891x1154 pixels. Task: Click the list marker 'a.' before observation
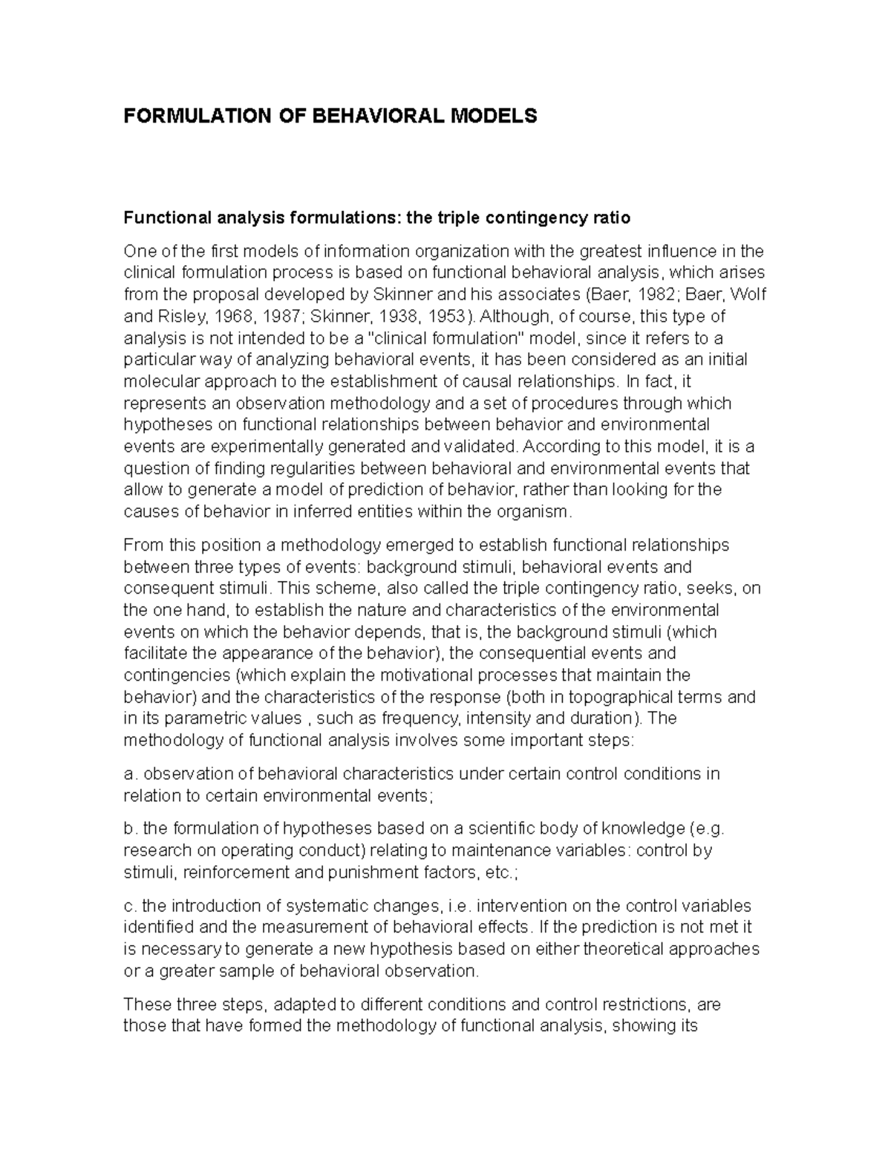(x=130, y=774)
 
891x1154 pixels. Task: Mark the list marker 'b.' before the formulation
(x=130, y=829)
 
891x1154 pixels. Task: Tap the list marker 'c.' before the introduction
(x=130, y=906)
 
